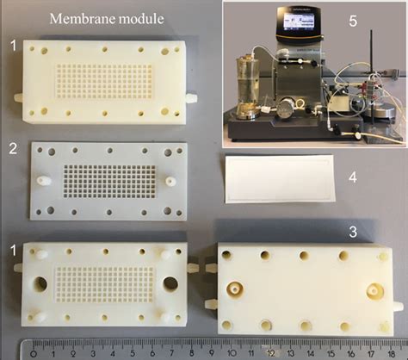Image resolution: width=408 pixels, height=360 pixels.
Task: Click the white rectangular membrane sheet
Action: point(280,178)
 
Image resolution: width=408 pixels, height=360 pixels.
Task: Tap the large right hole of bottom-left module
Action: point(164,285)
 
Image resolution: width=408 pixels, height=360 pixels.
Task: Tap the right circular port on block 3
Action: point(374,289)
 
